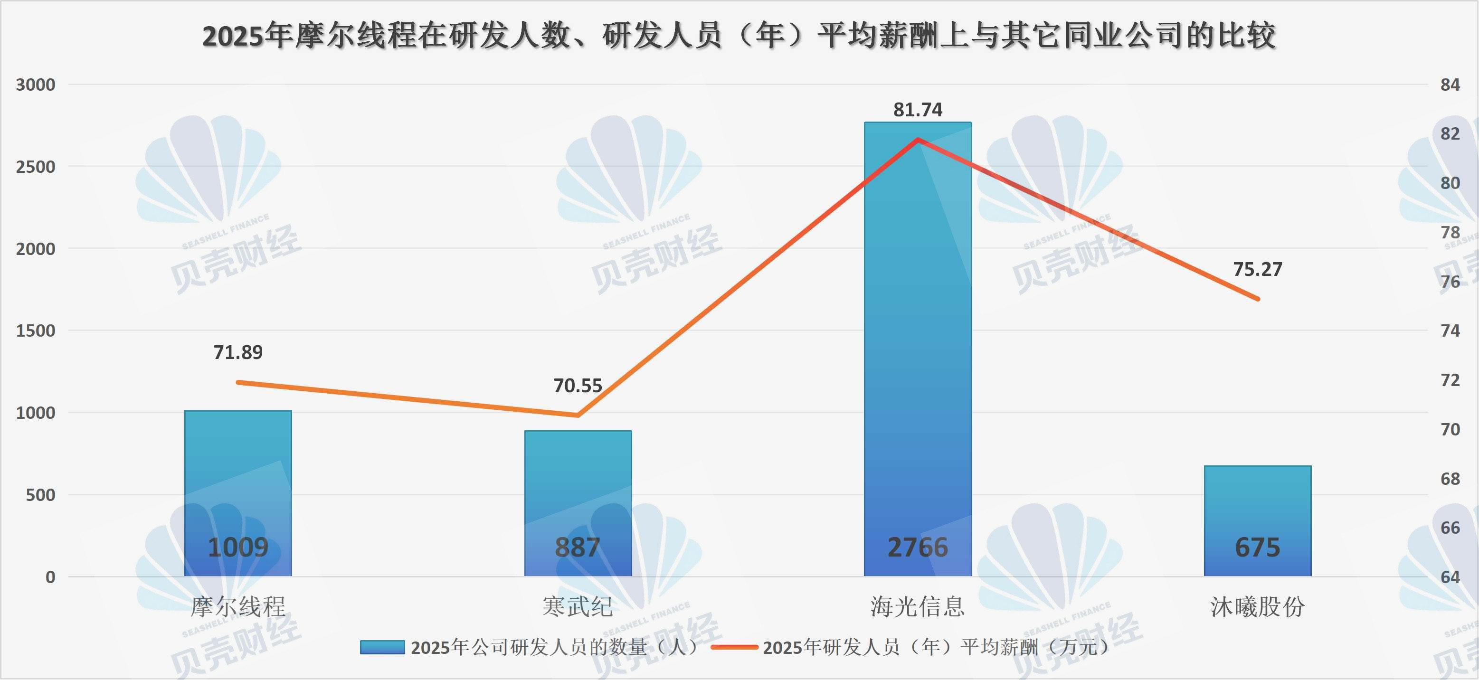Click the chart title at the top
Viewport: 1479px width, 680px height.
point(739,36)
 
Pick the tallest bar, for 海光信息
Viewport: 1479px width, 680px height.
point(918,344)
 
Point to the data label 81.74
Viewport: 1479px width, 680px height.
point(918,110)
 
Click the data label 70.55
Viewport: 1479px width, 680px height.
point(578,386)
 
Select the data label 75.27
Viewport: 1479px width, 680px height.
point(1257,269)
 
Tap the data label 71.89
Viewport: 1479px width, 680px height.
point(237,352)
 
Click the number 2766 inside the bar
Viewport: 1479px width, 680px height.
point(918,548)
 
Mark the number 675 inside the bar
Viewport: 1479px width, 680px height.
point(1257,548)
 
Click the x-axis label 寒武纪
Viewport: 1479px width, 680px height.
point(578,606)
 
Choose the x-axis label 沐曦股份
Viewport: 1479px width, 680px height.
point(1257,606)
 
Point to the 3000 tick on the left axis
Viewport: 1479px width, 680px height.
point(36,85)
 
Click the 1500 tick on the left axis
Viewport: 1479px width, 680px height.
point(36,331)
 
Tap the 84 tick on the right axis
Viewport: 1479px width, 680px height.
point(1450,85)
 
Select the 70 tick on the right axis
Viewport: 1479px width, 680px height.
point(1450,429)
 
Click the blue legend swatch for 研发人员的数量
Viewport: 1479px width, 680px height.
point(382,647)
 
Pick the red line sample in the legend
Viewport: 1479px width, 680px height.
point(734,647)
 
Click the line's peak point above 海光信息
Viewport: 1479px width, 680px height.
point(918,140)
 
